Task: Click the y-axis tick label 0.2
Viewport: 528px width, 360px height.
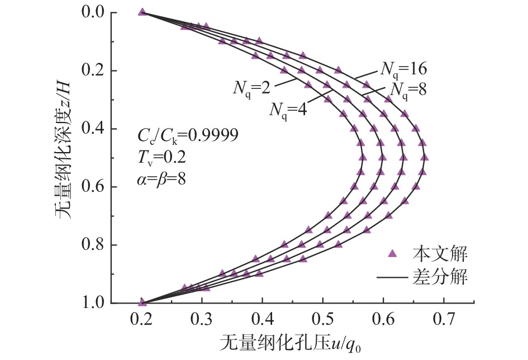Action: point(91,70)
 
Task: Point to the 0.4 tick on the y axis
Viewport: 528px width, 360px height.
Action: point(91,129)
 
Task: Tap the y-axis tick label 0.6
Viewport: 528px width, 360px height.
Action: point(91,187)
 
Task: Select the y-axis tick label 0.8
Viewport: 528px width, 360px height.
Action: point(91,245)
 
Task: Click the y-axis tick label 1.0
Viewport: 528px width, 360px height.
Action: point(91,303)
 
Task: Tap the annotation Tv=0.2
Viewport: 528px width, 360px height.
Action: point(158,159)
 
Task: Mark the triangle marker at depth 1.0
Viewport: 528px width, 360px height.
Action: point(142,302)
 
